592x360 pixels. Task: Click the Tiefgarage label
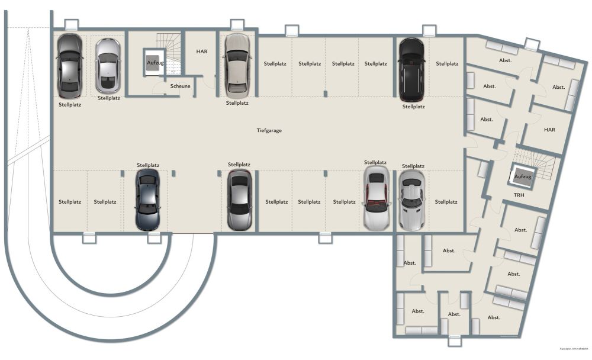coord(269,130)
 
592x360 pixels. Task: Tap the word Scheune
coord(181,86)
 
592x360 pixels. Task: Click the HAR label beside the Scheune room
coord(201,52)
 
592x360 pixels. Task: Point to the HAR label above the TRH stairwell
coord(549,129)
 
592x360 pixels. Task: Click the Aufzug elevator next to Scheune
coord(152,62)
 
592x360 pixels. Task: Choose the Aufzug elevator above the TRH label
coord(523,176)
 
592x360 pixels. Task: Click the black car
coord(410,69)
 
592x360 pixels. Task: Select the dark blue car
coord(147,200)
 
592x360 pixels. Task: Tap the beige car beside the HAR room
coord(236,65)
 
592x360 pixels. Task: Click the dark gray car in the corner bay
coord(69,65)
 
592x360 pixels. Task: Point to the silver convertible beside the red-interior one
coord(412,200)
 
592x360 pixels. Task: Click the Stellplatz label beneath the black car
coord(414,107)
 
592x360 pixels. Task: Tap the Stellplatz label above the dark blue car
coord(148,165)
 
